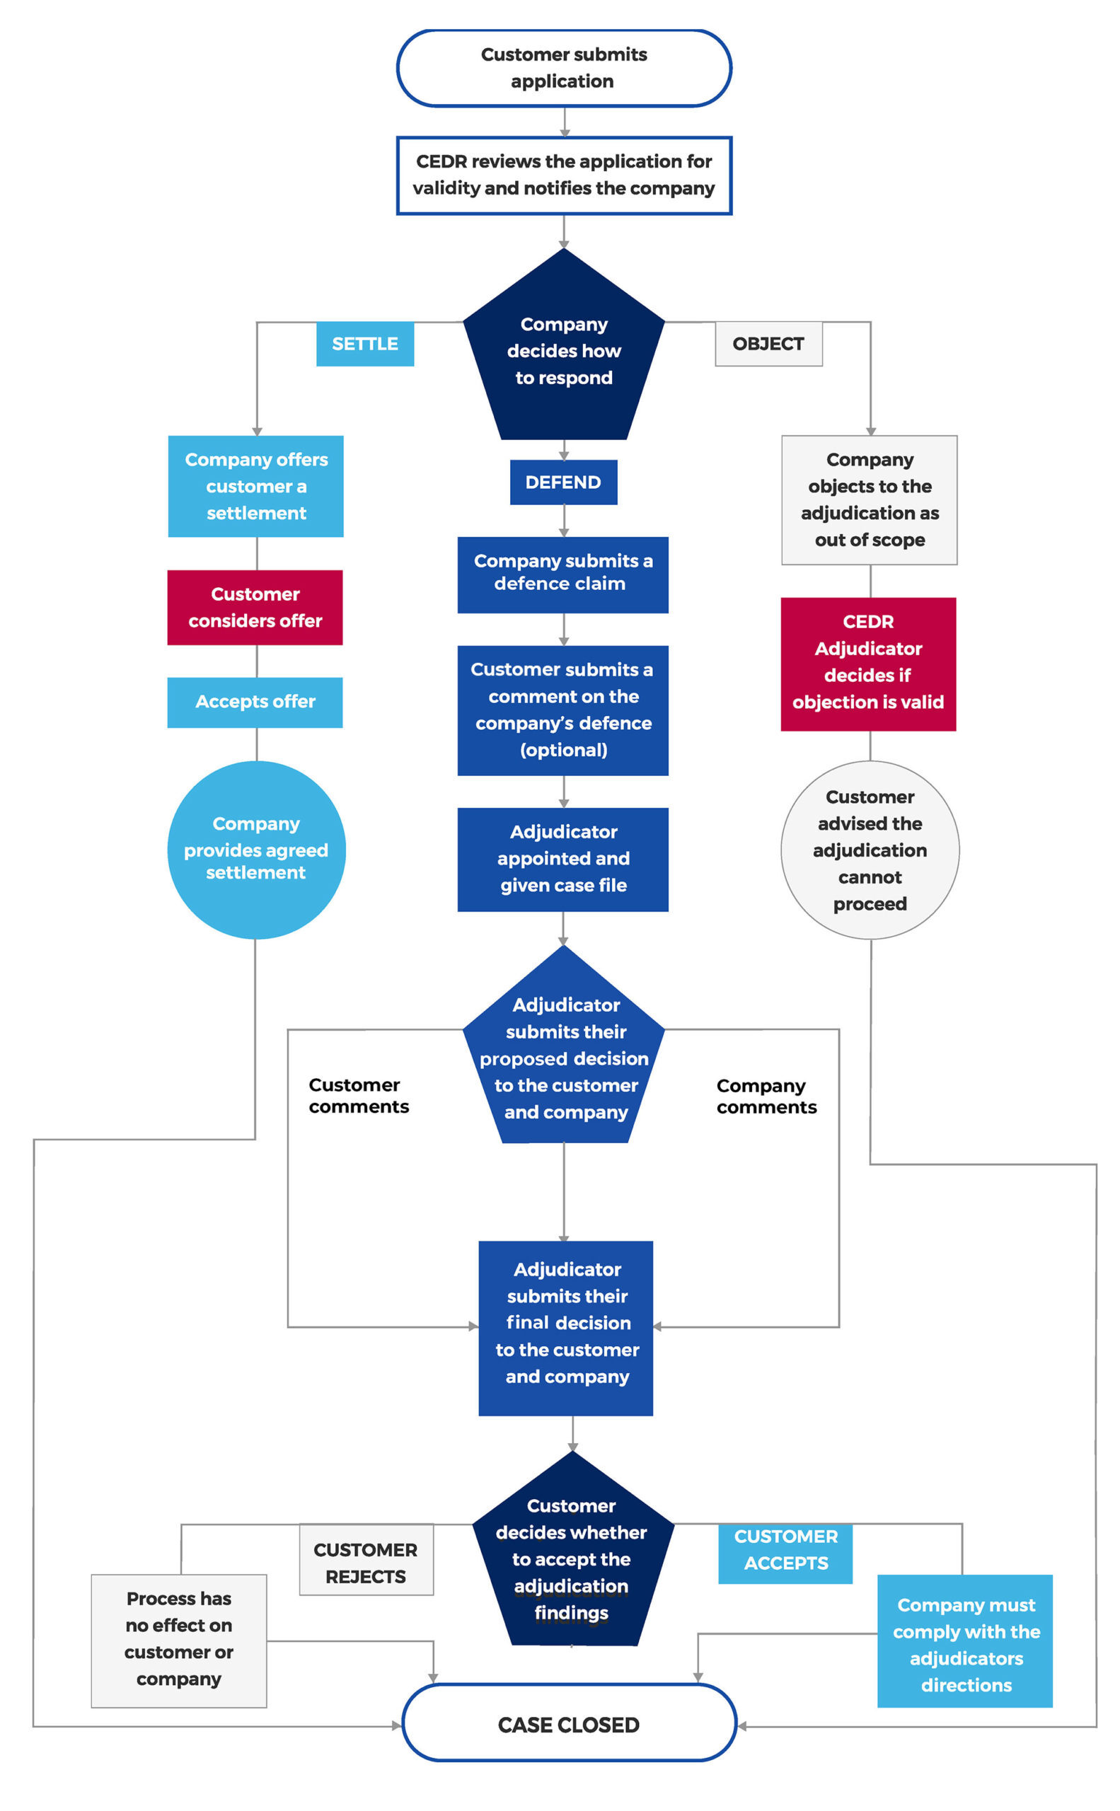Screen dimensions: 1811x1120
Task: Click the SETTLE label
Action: pyautogui.click(x=364, y=344)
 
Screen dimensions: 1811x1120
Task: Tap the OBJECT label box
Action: pyautogui.click(x=768, y=344)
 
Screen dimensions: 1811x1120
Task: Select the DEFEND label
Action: pyautogui.click(x=563, y=482)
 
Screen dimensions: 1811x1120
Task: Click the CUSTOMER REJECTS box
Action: pyautogui.click(x=366, y=1563)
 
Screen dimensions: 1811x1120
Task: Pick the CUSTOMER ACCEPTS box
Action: pyautogui.click(x=785, y=1549)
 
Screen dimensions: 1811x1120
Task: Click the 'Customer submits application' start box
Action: pyautogui.click(x=564, y=68)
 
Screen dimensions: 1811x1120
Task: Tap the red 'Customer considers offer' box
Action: pyautogui.click(x=255, y=608)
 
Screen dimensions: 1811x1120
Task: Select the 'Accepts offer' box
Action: pyautogui.click(x=255, y=702)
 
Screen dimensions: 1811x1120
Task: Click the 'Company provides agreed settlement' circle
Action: pyautogui.click(x=256, y=850)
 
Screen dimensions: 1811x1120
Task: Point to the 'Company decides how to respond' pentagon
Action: pyautogui.click(x=564, y=350)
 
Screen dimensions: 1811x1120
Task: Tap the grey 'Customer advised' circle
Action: pyautogui.click(x=870, y=850)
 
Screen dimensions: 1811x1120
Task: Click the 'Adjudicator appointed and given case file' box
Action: pyautogui.click(x=563, y=860)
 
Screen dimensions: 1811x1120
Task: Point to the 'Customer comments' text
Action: pyautogui.click(x=359, y=1096)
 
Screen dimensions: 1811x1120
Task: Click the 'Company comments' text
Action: pyautogui.click(x=766, y=1097)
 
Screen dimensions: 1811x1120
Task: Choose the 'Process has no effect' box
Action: pyautogui.click(x=178, y=1640)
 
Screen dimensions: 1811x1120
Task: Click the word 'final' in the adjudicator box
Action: pyautogui.click(x=527, y=1322)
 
